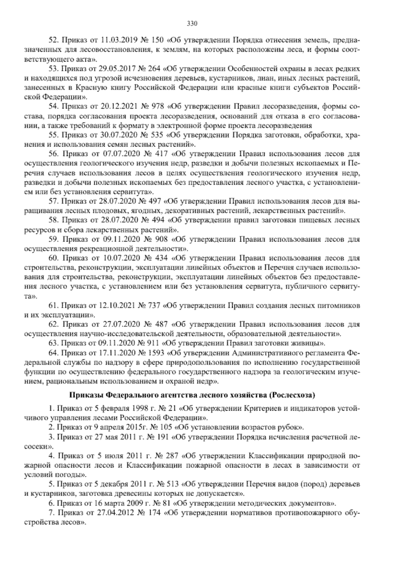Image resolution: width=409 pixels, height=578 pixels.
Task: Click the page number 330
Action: click(192, 24)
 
